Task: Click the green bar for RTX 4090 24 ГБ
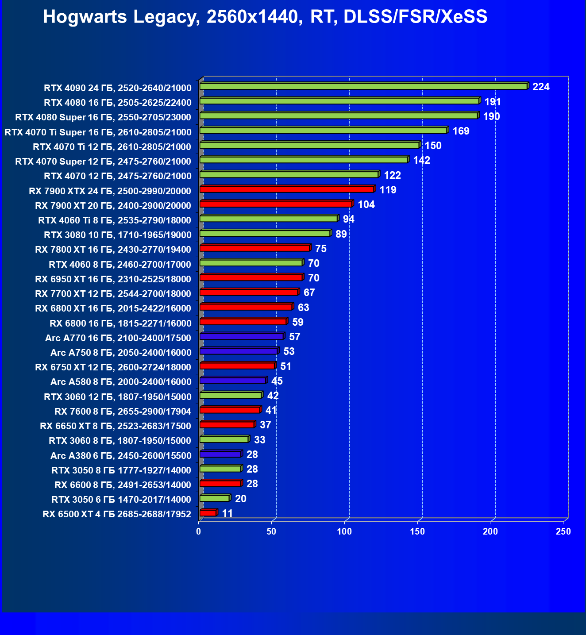click(363, 86)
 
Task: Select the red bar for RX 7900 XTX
click(287, 189)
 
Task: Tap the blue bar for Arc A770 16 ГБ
click(241, 337)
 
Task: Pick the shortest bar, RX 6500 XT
click(208, 513)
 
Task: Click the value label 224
click(541, 87)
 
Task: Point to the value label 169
click(461, 131)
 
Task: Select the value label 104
click(366, 204)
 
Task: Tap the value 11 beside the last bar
click(227, 513)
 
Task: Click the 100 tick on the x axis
click(344, 531)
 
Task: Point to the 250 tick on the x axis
click(563, 531)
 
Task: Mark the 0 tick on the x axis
click(199, 531)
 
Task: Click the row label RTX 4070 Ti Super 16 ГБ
click(98, 132)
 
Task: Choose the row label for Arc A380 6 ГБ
click(121, 455)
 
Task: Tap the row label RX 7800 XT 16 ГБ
click(113, 250)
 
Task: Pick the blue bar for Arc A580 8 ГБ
click(232, 381)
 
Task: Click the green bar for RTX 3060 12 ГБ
click(230, 395)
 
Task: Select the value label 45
click(277, 381)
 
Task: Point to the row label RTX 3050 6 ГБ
click(121, 500)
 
